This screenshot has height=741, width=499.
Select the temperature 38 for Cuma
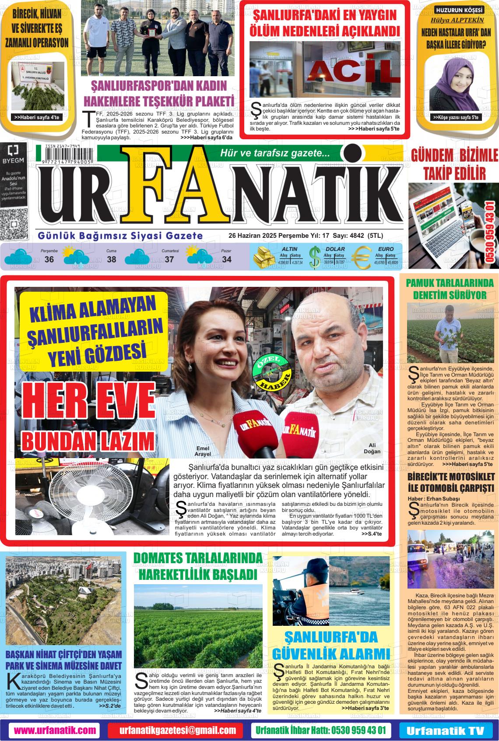[112, 259]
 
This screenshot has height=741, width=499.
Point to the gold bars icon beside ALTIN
[265, 257]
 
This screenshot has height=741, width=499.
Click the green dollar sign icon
[314, 258]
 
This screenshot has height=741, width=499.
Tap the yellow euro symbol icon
[361, 258]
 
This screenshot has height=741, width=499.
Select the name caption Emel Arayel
[203, 451]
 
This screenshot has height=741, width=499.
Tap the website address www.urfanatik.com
[55, 730]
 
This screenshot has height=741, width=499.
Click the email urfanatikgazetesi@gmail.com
[178, 730]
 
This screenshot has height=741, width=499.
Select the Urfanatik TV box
[445, 730]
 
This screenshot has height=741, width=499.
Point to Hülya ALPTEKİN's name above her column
[457, 20]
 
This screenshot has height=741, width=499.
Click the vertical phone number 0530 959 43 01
[490, 232]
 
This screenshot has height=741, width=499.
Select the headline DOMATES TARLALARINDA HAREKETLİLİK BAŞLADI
[198, 566]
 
